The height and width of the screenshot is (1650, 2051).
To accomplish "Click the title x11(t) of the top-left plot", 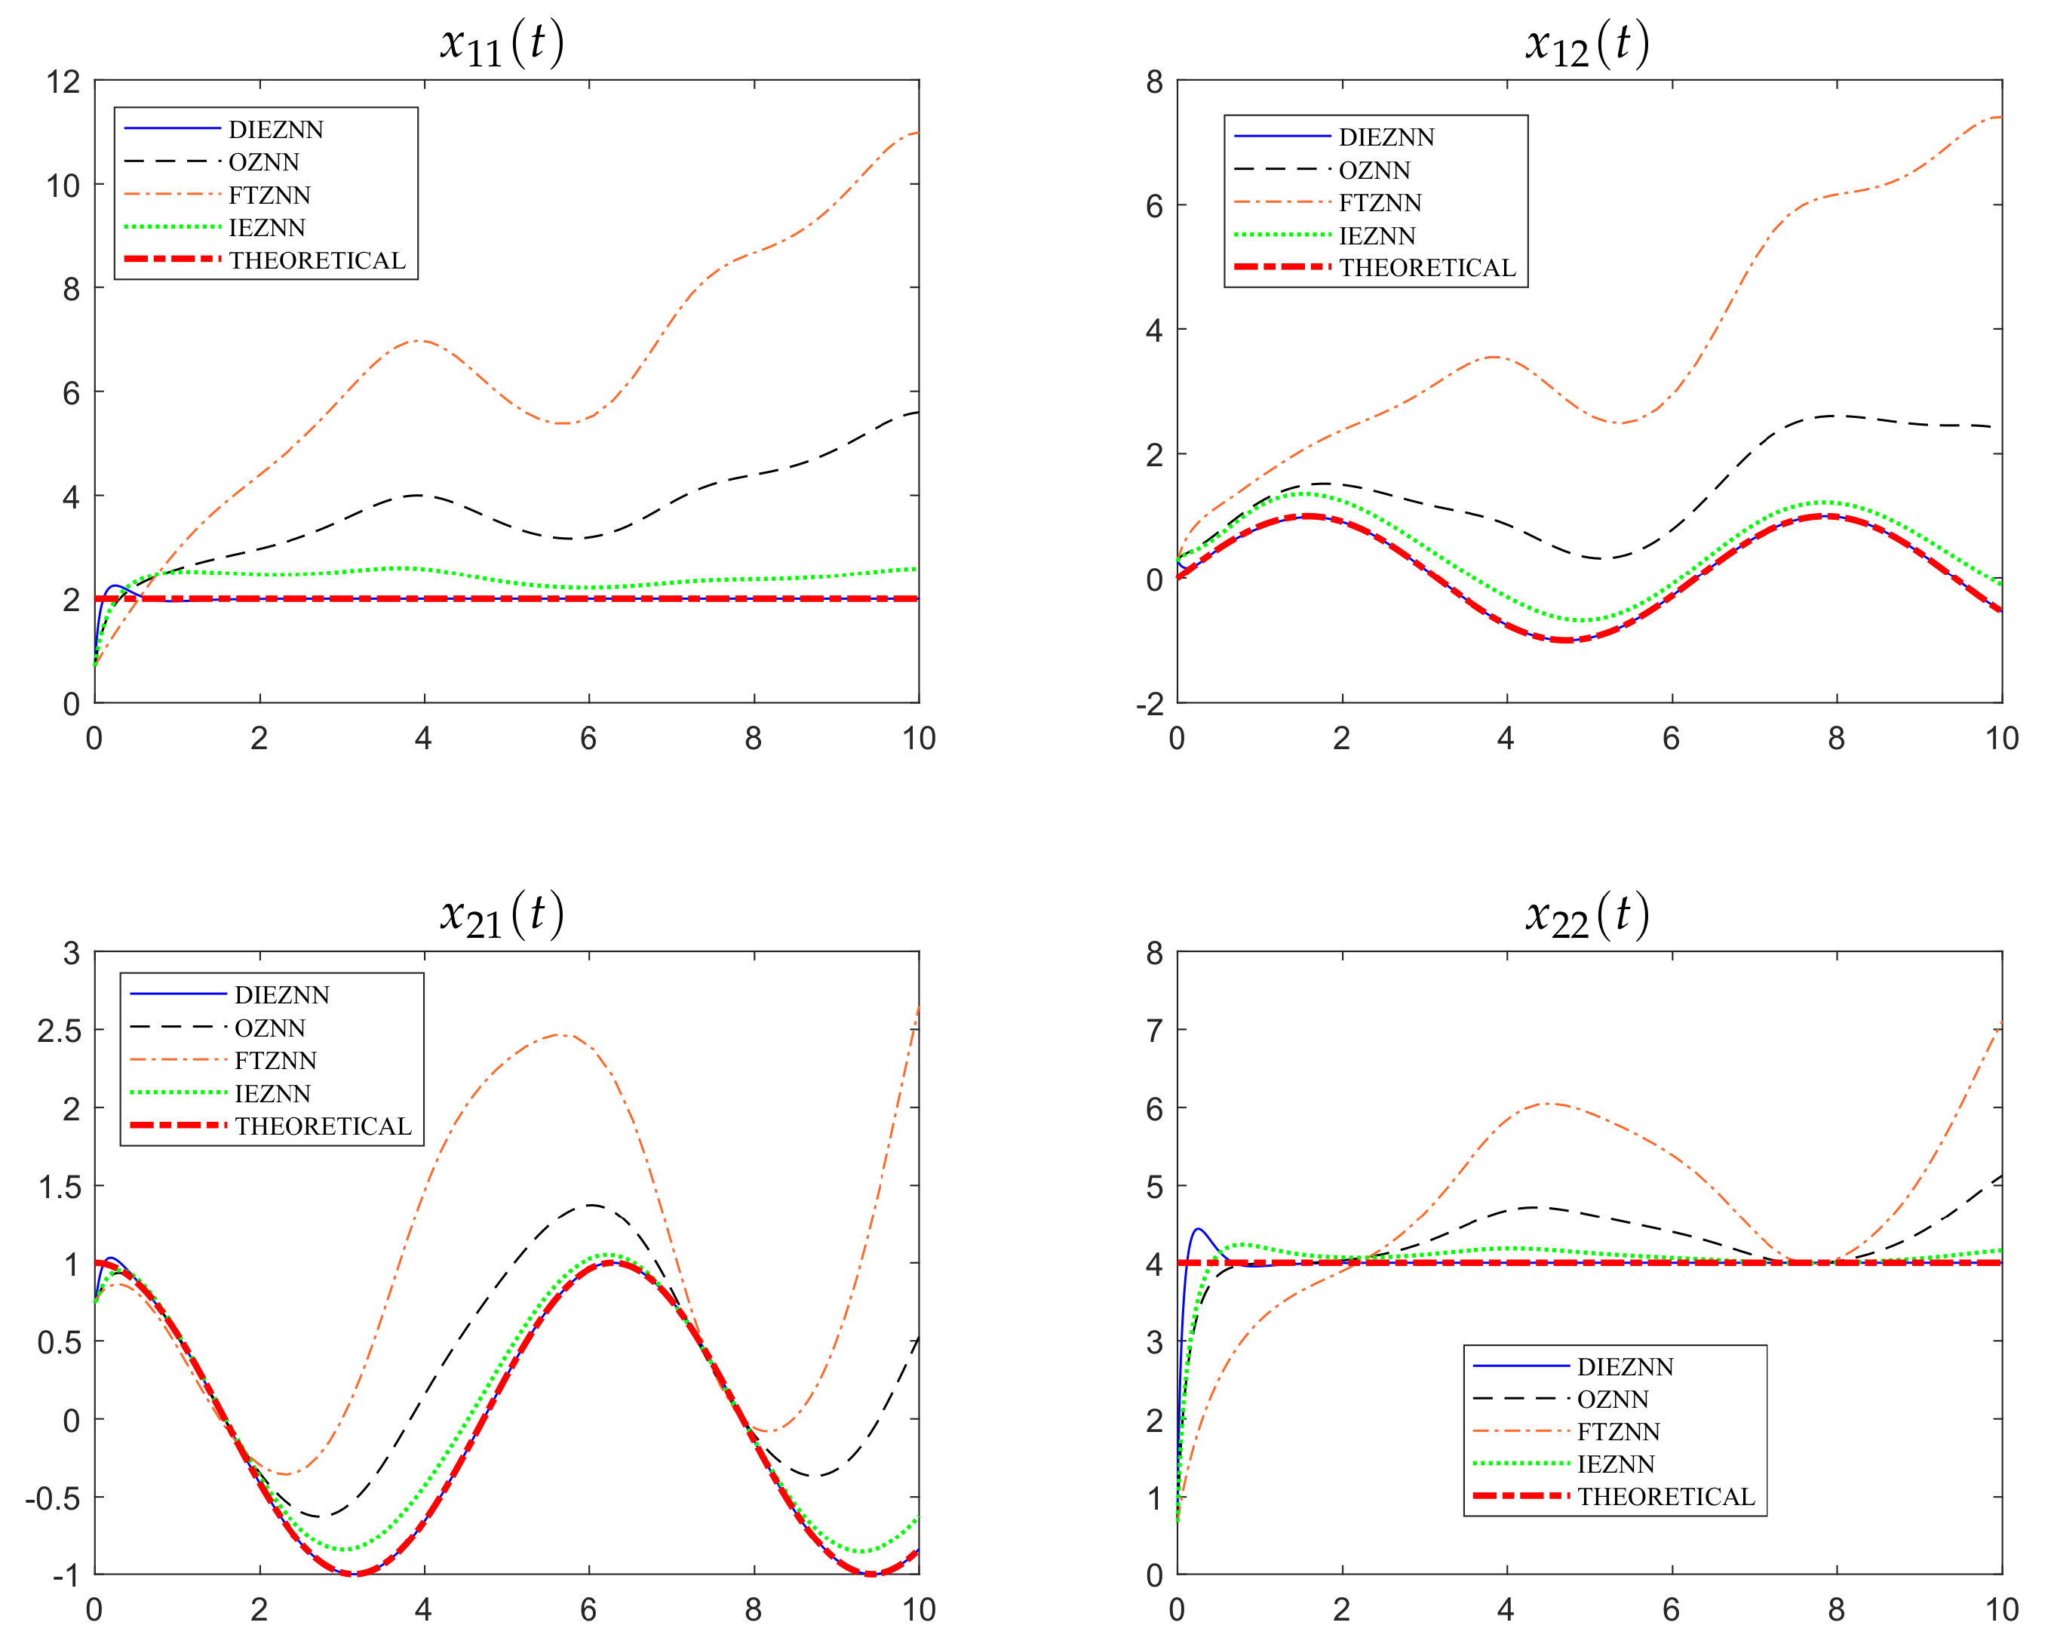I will point(502,44).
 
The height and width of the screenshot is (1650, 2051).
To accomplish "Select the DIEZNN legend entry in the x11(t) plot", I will point(276,130).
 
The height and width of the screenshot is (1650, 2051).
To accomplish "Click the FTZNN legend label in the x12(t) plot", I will point(1380,203).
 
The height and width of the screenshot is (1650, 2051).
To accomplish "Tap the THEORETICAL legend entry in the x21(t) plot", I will point(324,1126).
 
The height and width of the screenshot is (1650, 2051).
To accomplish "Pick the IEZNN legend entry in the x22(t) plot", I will point(1615,1464).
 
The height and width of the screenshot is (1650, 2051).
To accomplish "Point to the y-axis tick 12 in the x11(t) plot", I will point(63,81).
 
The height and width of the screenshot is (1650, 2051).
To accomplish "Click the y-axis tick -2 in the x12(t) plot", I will point(1149,704).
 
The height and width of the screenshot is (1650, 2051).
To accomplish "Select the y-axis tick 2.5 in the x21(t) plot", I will point(59,1031).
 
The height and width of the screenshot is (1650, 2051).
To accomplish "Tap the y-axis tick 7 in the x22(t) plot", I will point(1154,1030).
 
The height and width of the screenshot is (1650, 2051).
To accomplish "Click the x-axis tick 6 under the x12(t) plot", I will point(1672,739).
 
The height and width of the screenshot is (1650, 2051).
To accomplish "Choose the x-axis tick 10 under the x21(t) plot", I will point(919,1610).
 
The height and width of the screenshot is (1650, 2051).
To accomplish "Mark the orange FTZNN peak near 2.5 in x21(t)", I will point(561,1034).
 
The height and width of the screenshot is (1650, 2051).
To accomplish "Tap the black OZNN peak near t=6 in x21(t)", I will point(591,1205).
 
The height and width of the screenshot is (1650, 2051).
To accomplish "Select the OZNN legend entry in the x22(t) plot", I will point(1613,1399).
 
